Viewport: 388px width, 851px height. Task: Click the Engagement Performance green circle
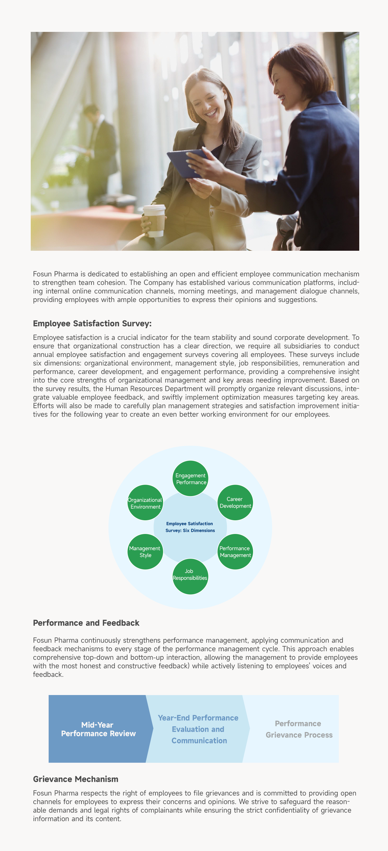pyautogui.click(x=190, y=478)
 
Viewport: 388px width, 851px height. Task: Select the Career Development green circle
pyautogui.click(x=235, y=502)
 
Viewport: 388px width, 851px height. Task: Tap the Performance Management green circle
pyautogui.click(x=235, y=552)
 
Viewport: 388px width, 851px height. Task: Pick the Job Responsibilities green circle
pyautogui.click(x=190, y=576)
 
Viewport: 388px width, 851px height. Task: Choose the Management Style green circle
pyautogui.click(x=145, y=552)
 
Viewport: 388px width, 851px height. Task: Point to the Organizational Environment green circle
pyautogui.click(x=145, y=502)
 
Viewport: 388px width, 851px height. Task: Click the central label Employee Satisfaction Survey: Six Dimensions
pyautogui.click(x=190, y=527)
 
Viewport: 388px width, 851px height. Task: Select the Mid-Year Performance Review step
pyautogui.click(x=98, y=729)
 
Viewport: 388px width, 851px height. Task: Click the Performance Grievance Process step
pyautogui.click(x=299, y=729)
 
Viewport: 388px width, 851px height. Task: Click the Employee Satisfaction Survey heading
pyautogui.click(x=92, y=323)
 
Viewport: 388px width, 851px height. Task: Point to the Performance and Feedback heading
pyautogui.click(x=86, y=623)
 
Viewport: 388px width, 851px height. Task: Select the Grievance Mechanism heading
pyautogui.click(x=76, y=779)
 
